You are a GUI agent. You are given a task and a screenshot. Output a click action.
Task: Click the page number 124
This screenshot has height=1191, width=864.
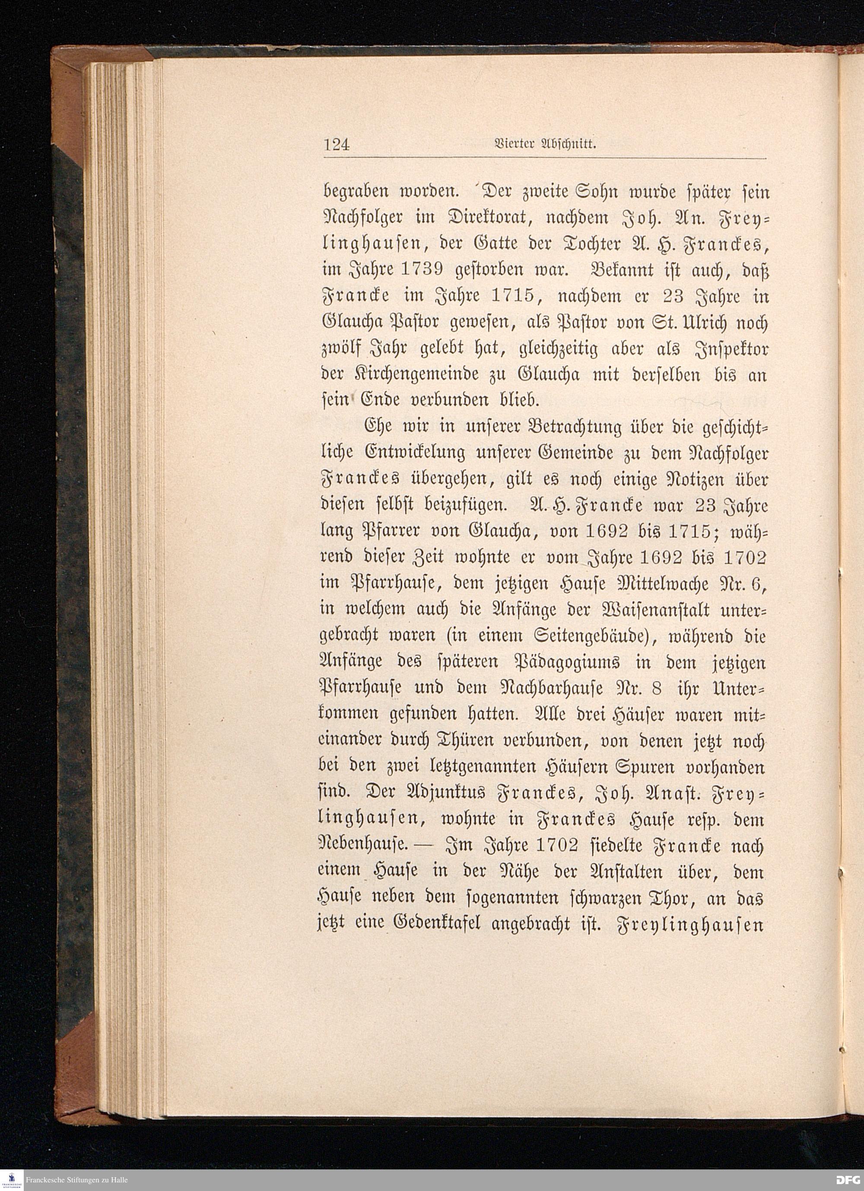pyautogui.click(x=337, y=145)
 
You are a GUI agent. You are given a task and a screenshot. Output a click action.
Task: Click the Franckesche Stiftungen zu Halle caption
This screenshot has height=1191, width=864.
pyautogui.click(x=77, y=1180)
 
